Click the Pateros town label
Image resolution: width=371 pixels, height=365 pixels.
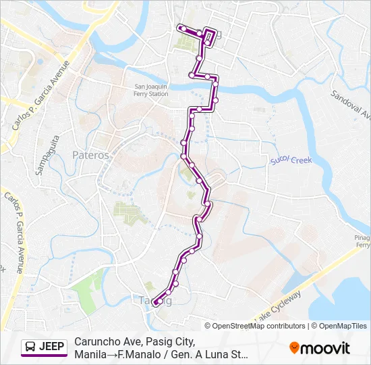90,155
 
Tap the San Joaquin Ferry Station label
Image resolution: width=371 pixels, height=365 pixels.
151,90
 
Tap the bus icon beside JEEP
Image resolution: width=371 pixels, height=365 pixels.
30,347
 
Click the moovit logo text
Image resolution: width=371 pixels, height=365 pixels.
326,348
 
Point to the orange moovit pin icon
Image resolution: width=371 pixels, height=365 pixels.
294,348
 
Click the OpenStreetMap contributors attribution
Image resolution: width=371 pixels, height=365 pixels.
258,326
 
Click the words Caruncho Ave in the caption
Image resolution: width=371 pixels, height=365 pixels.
102,341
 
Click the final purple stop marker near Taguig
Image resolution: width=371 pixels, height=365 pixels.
155,303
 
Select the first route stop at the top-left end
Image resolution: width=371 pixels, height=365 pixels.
182,28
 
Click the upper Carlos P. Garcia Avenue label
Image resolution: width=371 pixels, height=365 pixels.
40,95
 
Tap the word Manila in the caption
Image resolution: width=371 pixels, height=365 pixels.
90,354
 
